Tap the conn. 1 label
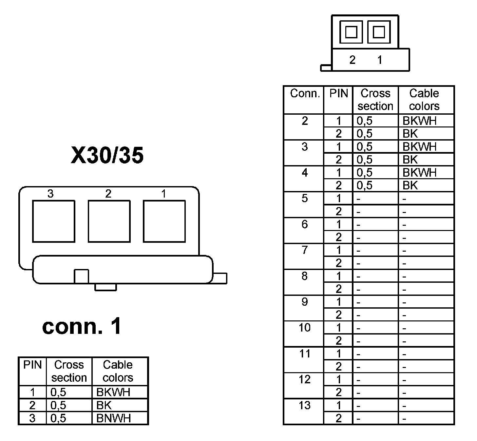(x=82, y=326)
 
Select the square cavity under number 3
(x=54, y=221)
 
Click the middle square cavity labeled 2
(x=109, y=221)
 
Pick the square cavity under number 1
(x=164, y=221)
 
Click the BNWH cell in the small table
(x=113, y=418)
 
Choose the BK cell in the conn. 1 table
(x=104, y=405)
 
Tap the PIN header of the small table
(x=32, y=365)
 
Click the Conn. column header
(x=305, y=94)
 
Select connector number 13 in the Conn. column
(x=305, y=406)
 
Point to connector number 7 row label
(x=305, y=250)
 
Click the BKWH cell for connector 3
(x=420, y=146)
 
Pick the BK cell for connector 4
(x=410, y=185)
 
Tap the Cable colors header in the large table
(x=424, y=100)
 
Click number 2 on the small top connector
(x=352, y=60)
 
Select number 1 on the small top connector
(x=379, y=60)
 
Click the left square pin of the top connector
(x=352, y=32)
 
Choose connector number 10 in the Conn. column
(x=305, y=328)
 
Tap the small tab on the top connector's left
(x=326, y=68)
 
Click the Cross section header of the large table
(x=375, y=100)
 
